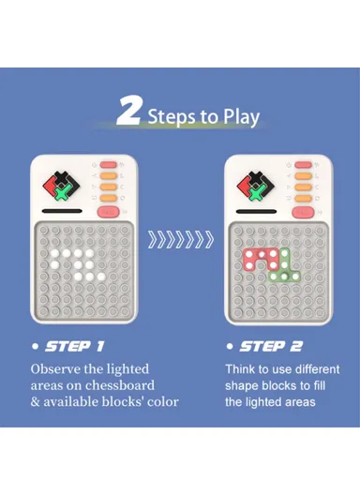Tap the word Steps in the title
172,116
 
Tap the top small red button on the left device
108,165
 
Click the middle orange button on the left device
108,186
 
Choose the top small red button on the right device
302,165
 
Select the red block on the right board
262,260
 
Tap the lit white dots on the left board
76,265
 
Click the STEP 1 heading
73,347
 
